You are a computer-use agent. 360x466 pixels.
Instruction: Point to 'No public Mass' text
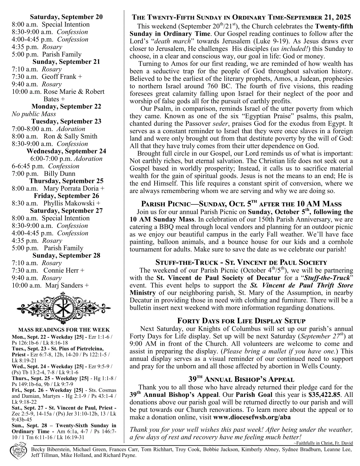34,114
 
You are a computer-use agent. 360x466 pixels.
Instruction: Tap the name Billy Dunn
59,174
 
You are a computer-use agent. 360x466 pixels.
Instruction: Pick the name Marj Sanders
64,285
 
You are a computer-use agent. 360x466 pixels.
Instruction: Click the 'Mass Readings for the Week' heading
64,330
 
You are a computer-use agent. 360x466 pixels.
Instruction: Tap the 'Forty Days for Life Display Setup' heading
241,321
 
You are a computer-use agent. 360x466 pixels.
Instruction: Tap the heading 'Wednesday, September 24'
66,151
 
